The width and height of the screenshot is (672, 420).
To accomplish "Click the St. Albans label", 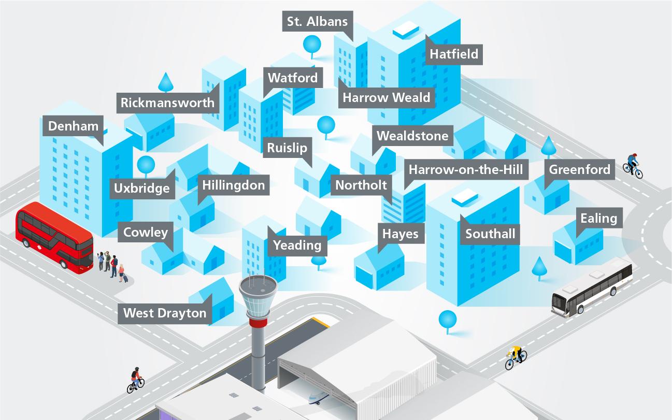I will click(318, 22).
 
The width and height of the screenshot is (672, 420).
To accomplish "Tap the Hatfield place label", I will click(454, 54).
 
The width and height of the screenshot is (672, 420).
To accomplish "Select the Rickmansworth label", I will click(167, 103).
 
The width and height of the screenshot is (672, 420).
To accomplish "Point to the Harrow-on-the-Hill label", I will click(465, 169).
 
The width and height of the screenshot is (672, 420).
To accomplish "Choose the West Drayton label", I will click(165, 313).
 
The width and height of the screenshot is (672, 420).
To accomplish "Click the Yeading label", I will click(297, 244).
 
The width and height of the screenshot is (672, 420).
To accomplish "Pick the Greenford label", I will click(579, 169).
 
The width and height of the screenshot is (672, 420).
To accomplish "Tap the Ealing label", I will click(598, 218).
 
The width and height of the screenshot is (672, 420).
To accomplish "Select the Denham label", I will click(73, 126).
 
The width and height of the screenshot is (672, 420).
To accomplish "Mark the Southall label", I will click(490, 234).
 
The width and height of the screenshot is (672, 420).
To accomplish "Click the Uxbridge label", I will click(142, 188).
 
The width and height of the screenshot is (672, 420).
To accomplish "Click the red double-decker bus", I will click(54, 238).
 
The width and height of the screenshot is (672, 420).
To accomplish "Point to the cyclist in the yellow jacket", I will click(516, 356).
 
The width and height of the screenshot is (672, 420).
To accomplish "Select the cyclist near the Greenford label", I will click(632, 165).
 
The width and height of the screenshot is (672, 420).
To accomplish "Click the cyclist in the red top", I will click(136, 381).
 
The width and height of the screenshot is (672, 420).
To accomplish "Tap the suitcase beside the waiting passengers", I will click(125, 278).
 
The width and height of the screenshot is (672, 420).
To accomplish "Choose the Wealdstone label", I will click(412, 136).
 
